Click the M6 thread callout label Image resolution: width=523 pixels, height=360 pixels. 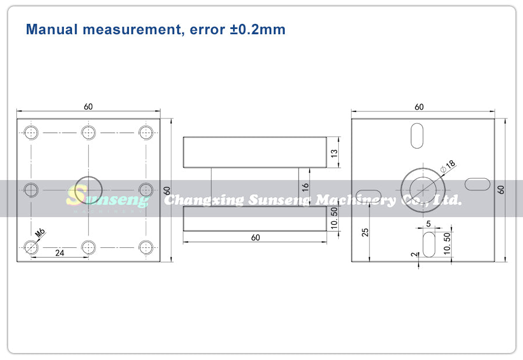[40, 233]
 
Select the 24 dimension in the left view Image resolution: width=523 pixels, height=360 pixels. [60, 253]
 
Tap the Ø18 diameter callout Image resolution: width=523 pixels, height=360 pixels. [448, 166]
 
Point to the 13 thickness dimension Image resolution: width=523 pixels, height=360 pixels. [334, 153]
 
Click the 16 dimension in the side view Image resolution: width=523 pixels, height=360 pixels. [305, 188]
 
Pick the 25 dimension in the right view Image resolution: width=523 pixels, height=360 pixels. [366, 232]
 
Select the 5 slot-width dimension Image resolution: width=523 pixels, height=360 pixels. [429, 224]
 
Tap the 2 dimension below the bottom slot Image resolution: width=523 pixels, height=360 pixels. [414, 254]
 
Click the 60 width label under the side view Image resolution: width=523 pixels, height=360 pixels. [256, 237]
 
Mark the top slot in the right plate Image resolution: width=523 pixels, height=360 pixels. [417, 136]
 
